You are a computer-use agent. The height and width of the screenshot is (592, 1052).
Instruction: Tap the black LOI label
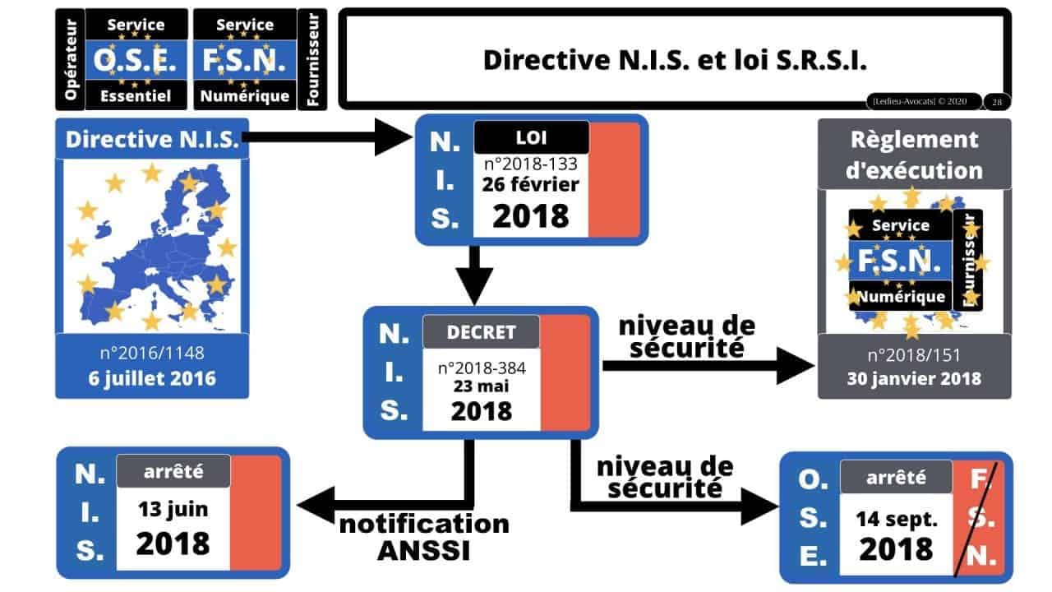(x=531, y=136)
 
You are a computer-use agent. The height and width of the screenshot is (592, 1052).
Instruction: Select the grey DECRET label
(x=481, y=332)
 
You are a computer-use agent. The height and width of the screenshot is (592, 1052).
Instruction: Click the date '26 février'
(x=531, y=183)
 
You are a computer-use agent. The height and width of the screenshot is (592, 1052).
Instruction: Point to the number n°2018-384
(x=481, y=367)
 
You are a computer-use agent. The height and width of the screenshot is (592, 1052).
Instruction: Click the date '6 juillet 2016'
(x=152, y=379)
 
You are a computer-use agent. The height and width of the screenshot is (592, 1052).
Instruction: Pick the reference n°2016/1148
(x=152, y=354)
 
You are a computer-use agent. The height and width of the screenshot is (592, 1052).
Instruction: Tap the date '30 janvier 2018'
(x=914, y=379)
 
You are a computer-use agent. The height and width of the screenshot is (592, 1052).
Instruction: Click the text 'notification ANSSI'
(x=423, y=537)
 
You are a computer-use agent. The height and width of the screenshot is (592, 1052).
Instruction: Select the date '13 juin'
(x=173, y=509)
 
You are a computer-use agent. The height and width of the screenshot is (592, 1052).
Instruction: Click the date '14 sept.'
(x=895, y=518)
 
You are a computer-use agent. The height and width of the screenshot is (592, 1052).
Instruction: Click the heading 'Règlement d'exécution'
(x=914, y=154)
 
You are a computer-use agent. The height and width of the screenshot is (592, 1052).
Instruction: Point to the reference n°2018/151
(x=914, y=354)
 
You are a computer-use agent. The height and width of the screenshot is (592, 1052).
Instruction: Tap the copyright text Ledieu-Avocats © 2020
(x=922, y=101)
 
